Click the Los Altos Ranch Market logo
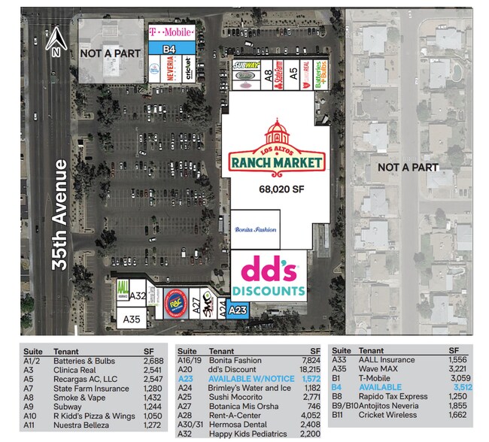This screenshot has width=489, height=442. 277,147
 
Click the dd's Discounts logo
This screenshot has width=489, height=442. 269,276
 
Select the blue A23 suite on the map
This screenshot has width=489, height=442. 238,310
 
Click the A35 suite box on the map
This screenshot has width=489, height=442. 132,319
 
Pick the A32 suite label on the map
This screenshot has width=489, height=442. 138,296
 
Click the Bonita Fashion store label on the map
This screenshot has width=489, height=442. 256,229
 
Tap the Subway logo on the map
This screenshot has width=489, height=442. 247,66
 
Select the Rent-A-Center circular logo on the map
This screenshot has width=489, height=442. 174,301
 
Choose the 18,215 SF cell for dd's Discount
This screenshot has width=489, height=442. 309,370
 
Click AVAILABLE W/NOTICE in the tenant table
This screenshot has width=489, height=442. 237,379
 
